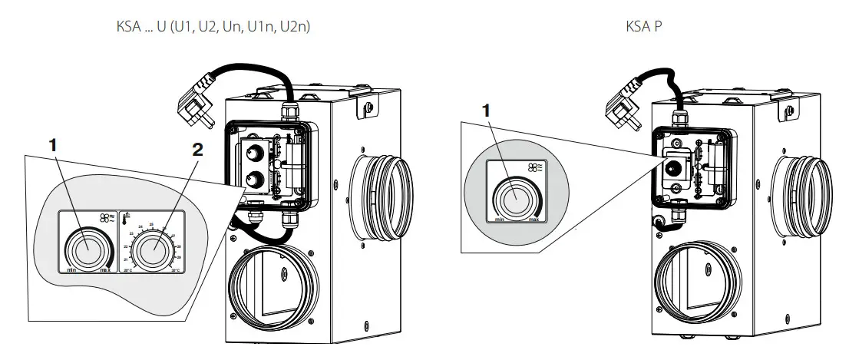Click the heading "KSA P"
point(646,26)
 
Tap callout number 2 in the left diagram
point(197,150)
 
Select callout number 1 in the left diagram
point(52,144)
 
